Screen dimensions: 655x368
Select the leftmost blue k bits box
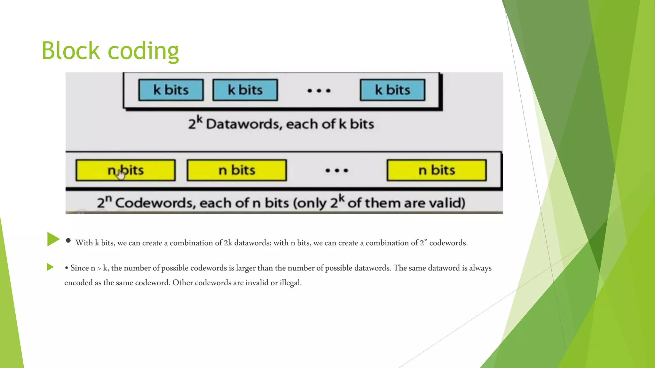pos(171,90)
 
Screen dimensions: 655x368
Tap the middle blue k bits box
pos(245,90)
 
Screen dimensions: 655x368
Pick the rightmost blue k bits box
pos(392,90)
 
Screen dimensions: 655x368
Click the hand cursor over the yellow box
pos(121,174)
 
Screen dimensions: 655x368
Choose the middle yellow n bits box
pos(237,170)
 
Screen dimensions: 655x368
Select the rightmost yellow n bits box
pos(437,170)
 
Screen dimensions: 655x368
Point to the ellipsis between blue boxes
pos(319,91)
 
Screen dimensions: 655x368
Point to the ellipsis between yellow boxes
pos(336,171)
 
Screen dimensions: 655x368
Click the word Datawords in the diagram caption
pos(244,124)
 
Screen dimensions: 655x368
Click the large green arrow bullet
pos(53,239)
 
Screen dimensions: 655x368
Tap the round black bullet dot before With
pos(68,241)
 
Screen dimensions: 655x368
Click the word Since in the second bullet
pos(79,268)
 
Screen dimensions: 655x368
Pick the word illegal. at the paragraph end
pos(291,283)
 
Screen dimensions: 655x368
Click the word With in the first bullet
pos(84,243)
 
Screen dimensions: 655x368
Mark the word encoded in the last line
pos(78,283)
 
